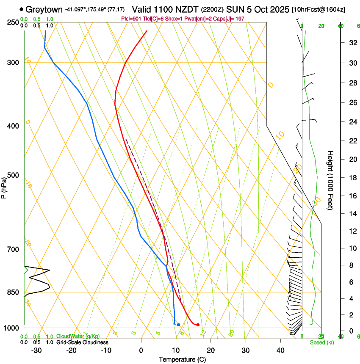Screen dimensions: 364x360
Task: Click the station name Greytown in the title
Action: click(44, 9)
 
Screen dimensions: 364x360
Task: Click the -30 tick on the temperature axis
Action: click(36, 350)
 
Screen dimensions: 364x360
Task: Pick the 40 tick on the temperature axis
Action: click(280, 350)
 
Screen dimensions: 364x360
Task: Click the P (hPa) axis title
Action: click(4, 186)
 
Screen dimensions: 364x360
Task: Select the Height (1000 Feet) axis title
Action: click(331, 180)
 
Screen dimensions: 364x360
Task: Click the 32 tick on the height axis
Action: click(352, 43)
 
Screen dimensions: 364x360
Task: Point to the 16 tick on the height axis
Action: click(352, 196)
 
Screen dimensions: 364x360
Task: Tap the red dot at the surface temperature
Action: click(198, 325)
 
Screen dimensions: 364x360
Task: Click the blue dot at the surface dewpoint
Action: click(178, 325)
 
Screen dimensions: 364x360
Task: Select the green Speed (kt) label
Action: click(321, 342)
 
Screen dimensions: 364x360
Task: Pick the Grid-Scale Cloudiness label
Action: click(82, 342)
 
